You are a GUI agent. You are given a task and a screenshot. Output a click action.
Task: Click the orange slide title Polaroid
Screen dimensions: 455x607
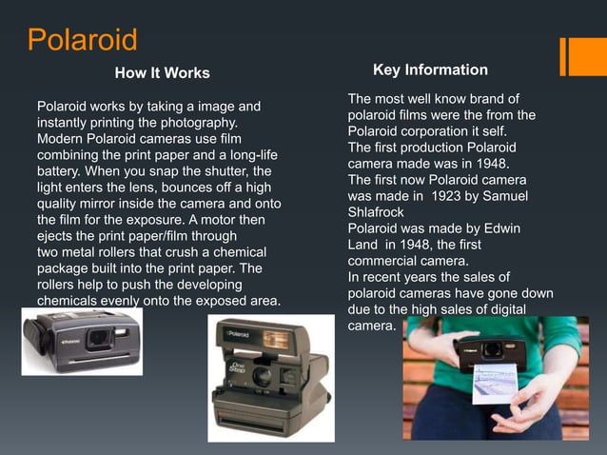pyautogui.click(x=82, y=41)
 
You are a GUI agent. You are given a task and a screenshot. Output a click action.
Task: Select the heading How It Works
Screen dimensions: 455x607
pyautogui.click(x=162, y=73)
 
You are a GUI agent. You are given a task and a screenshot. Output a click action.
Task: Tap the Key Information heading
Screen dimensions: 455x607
pyautogui.click(x=430, y=70)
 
